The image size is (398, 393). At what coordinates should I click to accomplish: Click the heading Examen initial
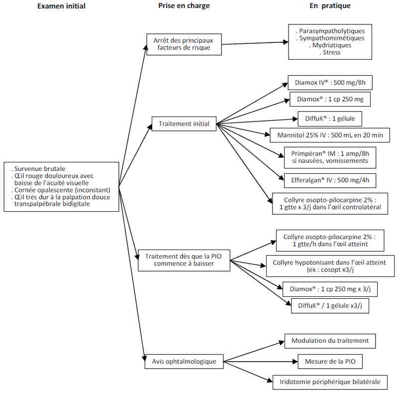(x=61, y=6)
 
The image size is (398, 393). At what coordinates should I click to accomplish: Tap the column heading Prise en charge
(x=184, y=6)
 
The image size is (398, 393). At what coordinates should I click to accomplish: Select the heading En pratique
(x=330, y=6)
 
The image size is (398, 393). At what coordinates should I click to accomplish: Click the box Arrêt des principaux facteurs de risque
(x=184, y=44)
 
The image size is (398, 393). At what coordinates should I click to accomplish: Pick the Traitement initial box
(x=184, y=124)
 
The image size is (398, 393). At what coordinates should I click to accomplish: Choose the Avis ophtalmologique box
(x=184, y=361)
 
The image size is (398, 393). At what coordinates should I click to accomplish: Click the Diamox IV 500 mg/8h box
(x=330, y=83)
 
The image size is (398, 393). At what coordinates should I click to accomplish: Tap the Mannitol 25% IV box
(x=330, y=135)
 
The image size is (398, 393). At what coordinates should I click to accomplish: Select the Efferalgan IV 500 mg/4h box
(x=330, y=180)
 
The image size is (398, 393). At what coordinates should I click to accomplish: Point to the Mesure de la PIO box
(x=330, y=361)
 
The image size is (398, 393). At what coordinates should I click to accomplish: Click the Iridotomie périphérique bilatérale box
(x=330, y=382)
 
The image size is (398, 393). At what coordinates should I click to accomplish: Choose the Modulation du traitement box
(x=330, y=341)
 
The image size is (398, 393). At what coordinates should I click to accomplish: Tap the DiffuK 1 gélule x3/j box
(x=330, y=306)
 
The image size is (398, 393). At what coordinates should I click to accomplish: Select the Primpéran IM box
(x=330, y=157)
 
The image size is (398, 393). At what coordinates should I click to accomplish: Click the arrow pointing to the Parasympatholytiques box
(x=255, y=43)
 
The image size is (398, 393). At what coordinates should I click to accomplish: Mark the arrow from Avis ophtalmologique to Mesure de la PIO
(x=261, y=361)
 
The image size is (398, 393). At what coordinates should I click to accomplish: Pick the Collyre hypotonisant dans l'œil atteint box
(x=330, y=266)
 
